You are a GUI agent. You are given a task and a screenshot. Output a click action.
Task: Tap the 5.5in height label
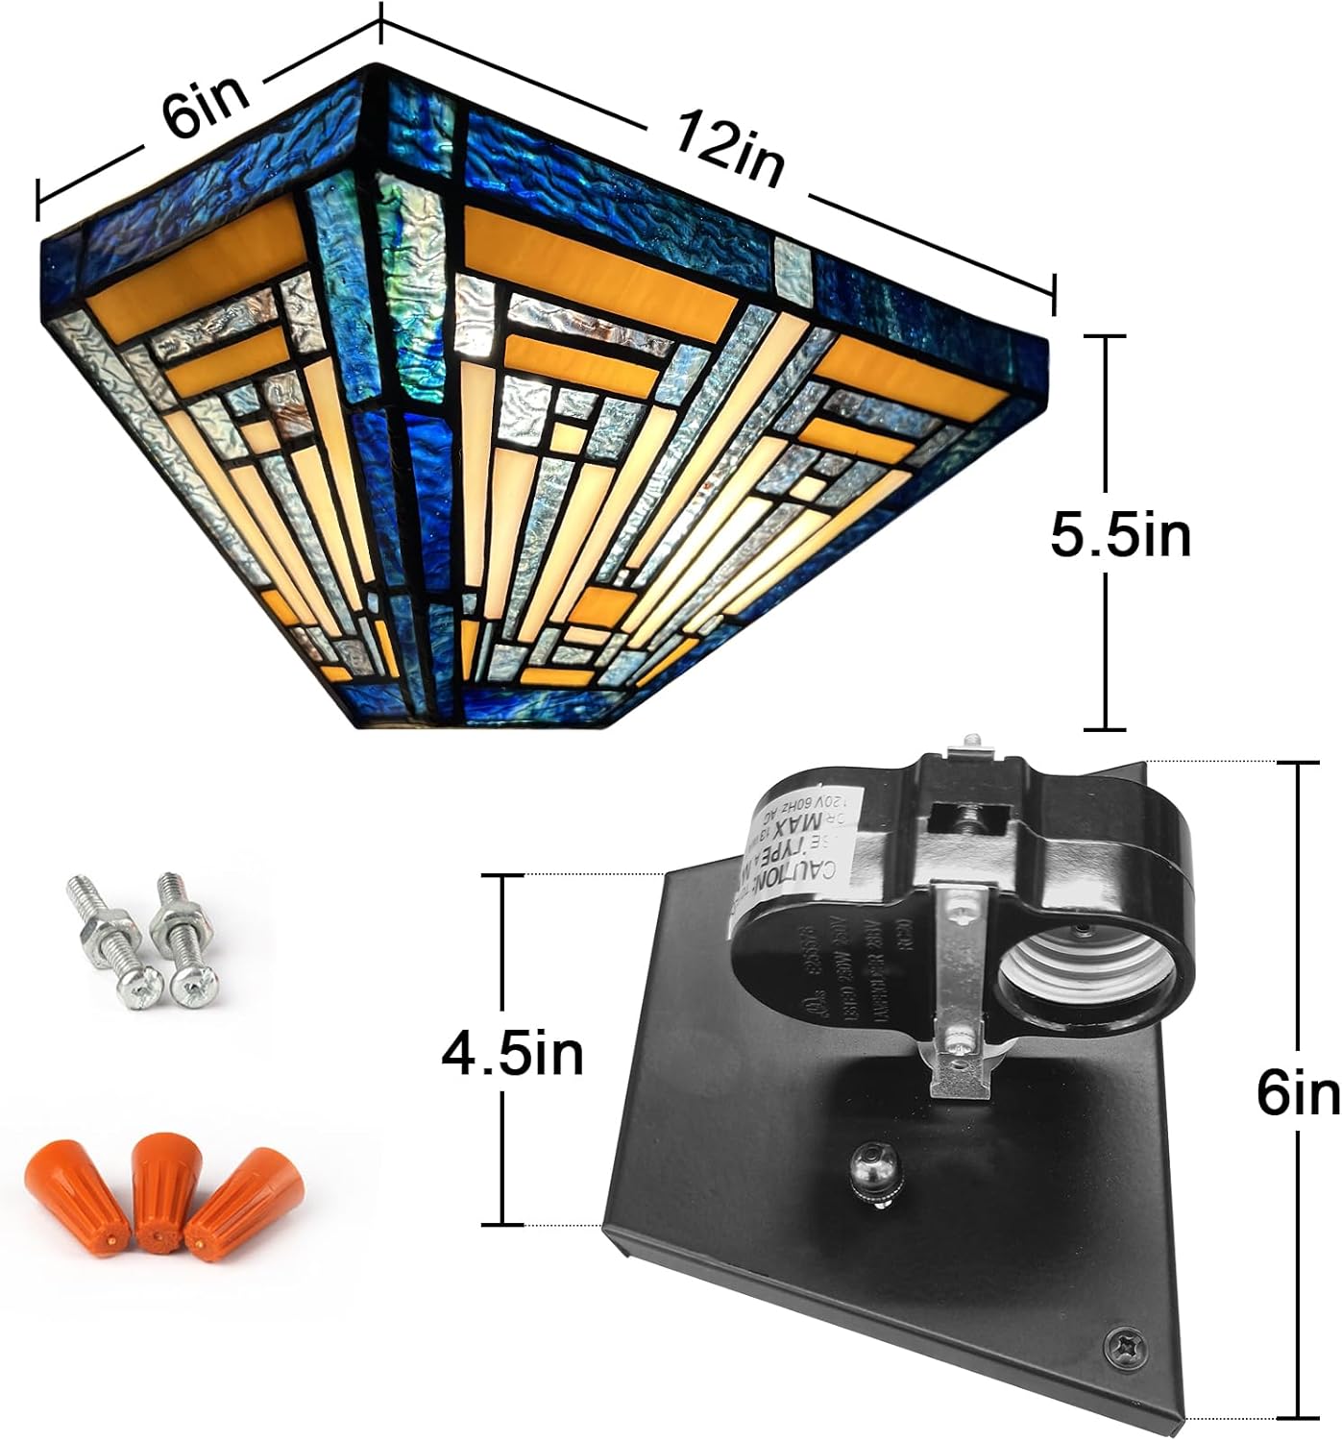pyautogui.click(x=1119, y=535)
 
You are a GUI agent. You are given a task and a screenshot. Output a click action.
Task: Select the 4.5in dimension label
pyautogui.click(x=512, y=1055)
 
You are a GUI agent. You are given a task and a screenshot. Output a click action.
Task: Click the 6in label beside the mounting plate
pyautogui.click(x=1298, y=1095)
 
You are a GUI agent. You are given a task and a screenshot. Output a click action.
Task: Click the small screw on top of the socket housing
pyautogui.click(x=970, y=741)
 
